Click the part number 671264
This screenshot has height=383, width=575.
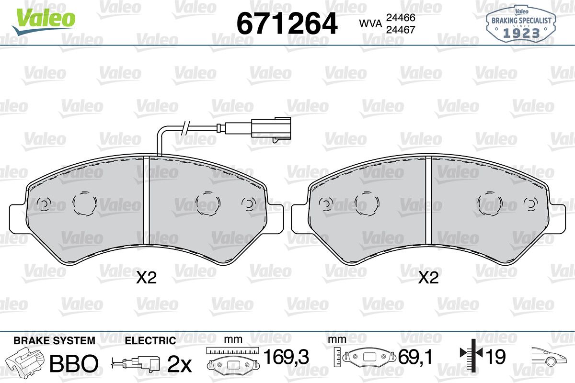[x=287, y=23]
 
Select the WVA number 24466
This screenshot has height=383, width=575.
[x=401, y=18]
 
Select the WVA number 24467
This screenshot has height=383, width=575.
[x=401, y=30]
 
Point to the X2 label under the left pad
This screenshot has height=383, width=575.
[x=146, y=278]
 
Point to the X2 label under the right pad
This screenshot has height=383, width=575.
[x=428, y=278]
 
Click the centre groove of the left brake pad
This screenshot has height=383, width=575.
[x=146, y=200]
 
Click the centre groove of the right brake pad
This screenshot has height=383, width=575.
[x=428, y=200]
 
